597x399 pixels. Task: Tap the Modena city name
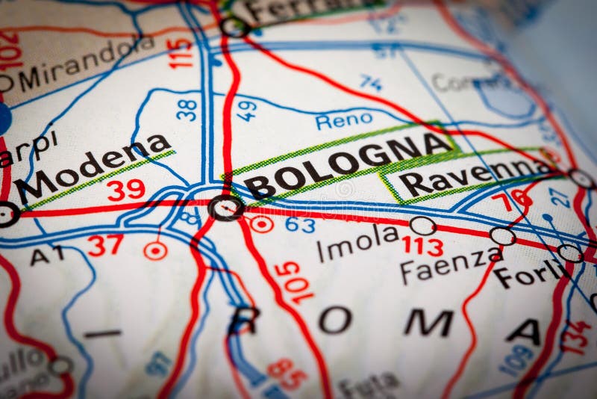pyautogui.click(x=93, y=165)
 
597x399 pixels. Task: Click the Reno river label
pyautogui.click(x=344, y=120)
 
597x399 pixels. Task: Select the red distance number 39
pyautogui.click(x=125, y=190)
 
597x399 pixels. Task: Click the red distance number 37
pyautogui.click(x=105, y=244)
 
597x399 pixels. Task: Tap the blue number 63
pyautogui.click(x=300, y=224)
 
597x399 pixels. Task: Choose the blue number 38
pyautogui.click(x=187, y=110)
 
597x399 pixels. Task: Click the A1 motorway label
pyautogui.click(x=47, y=256)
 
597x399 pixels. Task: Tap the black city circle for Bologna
pyautogui.click(x=226, y=207)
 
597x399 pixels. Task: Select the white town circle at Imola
pyautogui.click(x=423, y=225)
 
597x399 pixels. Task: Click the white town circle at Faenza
pyautogui.click(x=502, y=236)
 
